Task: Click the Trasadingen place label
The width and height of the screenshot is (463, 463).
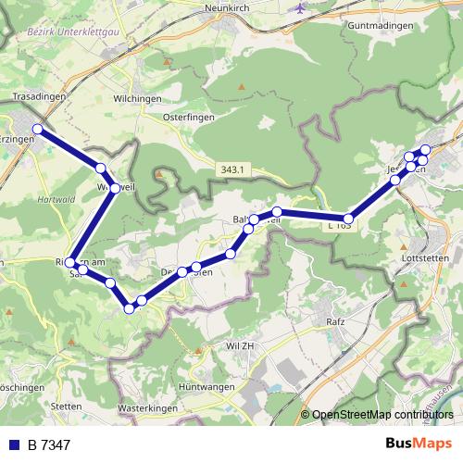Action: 38,95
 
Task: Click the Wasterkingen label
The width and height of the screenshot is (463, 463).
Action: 149,407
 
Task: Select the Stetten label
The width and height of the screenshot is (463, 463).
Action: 68,406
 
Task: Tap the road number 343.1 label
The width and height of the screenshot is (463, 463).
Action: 233,169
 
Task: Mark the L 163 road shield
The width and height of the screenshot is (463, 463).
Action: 339,225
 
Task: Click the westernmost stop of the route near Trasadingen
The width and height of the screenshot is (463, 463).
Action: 38,129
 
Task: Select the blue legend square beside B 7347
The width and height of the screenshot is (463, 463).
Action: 13,444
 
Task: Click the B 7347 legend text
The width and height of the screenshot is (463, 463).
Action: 49,444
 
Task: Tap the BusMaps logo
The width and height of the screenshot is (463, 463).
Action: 419,444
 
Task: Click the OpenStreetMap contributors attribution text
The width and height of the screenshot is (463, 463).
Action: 382,414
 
